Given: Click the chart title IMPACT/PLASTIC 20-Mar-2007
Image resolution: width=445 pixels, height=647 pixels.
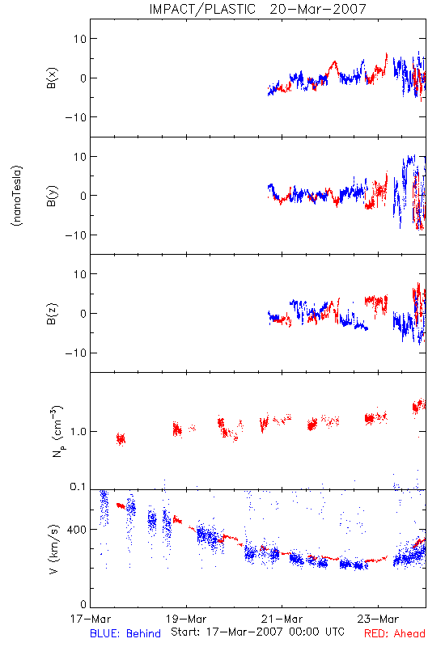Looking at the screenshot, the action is coord(257,9).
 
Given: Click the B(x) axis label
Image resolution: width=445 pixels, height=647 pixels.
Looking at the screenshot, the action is coord(52,78).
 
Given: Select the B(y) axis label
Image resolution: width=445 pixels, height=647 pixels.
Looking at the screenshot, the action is coord(52,196).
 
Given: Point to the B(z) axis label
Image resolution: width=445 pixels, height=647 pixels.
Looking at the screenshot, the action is coord(52,314).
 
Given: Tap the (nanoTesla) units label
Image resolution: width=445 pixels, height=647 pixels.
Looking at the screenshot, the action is coord(17,196).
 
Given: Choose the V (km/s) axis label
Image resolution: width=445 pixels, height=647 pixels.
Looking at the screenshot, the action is coord(53,549).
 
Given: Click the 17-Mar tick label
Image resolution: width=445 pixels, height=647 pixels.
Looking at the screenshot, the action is coord(91,619).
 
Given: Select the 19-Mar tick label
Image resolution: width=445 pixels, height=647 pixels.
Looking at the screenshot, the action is coord(186,619).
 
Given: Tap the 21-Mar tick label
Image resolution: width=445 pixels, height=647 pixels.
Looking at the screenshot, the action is coord(282,619).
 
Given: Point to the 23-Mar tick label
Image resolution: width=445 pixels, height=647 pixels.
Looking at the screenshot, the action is coord(378,619).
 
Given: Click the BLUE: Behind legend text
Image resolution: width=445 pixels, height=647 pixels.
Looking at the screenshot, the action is coord(125,633).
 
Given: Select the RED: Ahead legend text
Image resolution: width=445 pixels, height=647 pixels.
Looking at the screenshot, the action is coord(395,633).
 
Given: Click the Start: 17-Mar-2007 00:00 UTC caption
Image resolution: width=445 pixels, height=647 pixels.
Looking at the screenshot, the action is coord(257,632).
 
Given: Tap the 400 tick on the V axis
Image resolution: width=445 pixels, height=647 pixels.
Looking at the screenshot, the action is coord(76,530).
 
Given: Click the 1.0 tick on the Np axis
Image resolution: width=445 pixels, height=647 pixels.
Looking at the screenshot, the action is coord(78,432).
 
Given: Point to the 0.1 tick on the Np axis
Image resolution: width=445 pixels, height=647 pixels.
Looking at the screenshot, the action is coord(78,487).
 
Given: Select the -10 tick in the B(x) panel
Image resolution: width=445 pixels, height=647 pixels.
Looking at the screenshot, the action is coord(75,117).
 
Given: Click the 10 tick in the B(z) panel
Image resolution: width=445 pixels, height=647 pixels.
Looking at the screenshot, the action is coord(80,274).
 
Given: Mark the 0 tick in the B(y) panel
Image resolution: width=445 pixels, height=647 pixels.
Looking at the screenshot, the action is coord(83,196).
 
